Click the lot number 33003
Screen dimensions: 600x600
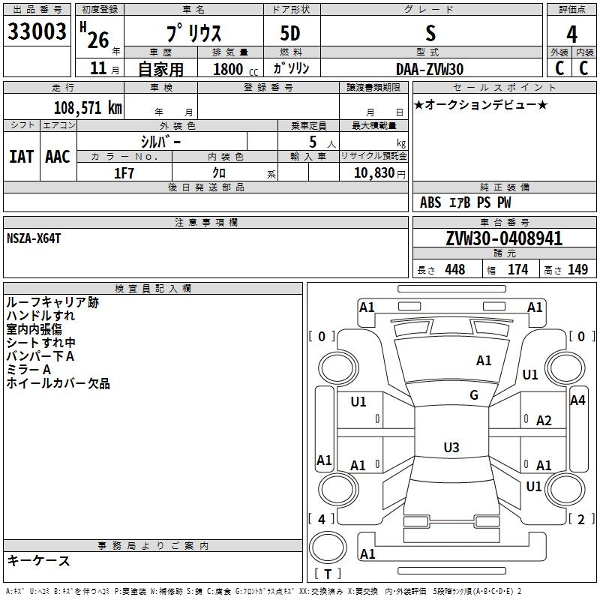(x=37, y=31)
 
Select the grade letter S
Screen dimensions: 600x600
(x=430, y=33)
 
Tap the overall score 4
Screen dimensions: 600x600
(x=571, y=34)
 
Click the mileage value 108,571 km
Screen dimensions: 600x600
(x=88, y=108)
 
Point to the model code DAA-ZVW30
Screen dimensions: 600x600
(x=430, y=69)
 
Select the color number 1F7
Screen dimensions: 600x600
(x=124, y=173)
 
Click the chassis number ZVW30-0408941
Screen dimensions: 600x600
(x=504, y=238)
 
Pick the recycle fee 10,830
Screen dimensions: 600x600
(x=373, y=173)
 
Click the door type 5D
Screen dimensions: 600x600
(x=290, y=34)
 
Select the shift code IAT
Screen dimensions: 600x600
(x=22, y=157)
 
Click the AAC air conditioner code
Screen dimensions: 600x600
(x=58, y=157)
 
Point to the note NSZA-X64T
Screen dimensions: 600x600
(x=34, y=238)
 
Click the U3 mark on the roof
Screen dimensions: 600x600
(x=451, y=447)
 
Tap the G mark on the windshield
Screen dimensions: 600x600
(x=474, y=395)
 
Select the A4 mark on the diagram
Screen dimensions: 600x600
(x=577, y=400)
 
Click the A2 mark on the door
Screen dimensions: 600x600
(x=544, y=421)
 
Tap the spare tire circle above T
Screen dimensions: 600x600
(x=328, y=548)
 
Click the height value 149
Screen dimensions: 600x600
(x=577, y=269)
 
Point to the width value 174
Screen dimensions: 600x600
(x=518, y=269)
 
